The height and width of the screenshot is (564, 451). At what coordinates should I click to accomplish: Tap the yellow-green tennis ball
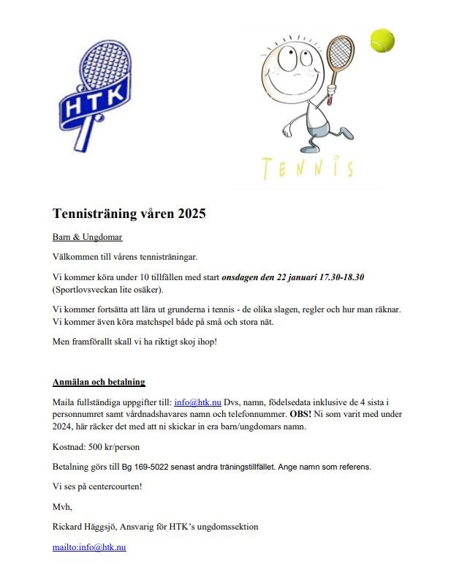pyautogui.click(x=382, y=40)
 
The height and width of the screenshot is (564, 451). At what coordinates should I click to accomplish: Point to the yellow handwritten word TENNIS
pyautogui.click(x=308, y=168)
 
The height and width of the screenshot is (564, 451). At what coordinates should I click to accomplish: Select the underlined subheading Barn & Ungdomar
pyautogui.click(x=87, y=237)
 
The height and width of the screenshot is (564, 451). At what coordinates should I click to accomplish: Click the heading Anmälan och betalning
pyautogui.click(x=99, y=382)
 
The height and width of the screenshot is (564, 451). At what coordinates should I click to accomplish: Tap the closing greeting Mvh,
pyautogui.click(x=62, y=506)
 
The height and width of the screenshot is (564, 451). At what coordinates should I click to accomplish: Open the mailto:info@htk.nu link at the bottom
pyautogui.click(x=89, y=546)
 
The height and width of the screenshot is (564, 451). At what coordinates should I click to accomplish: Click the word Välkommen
pyautogui.click(x=77, y=257)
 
